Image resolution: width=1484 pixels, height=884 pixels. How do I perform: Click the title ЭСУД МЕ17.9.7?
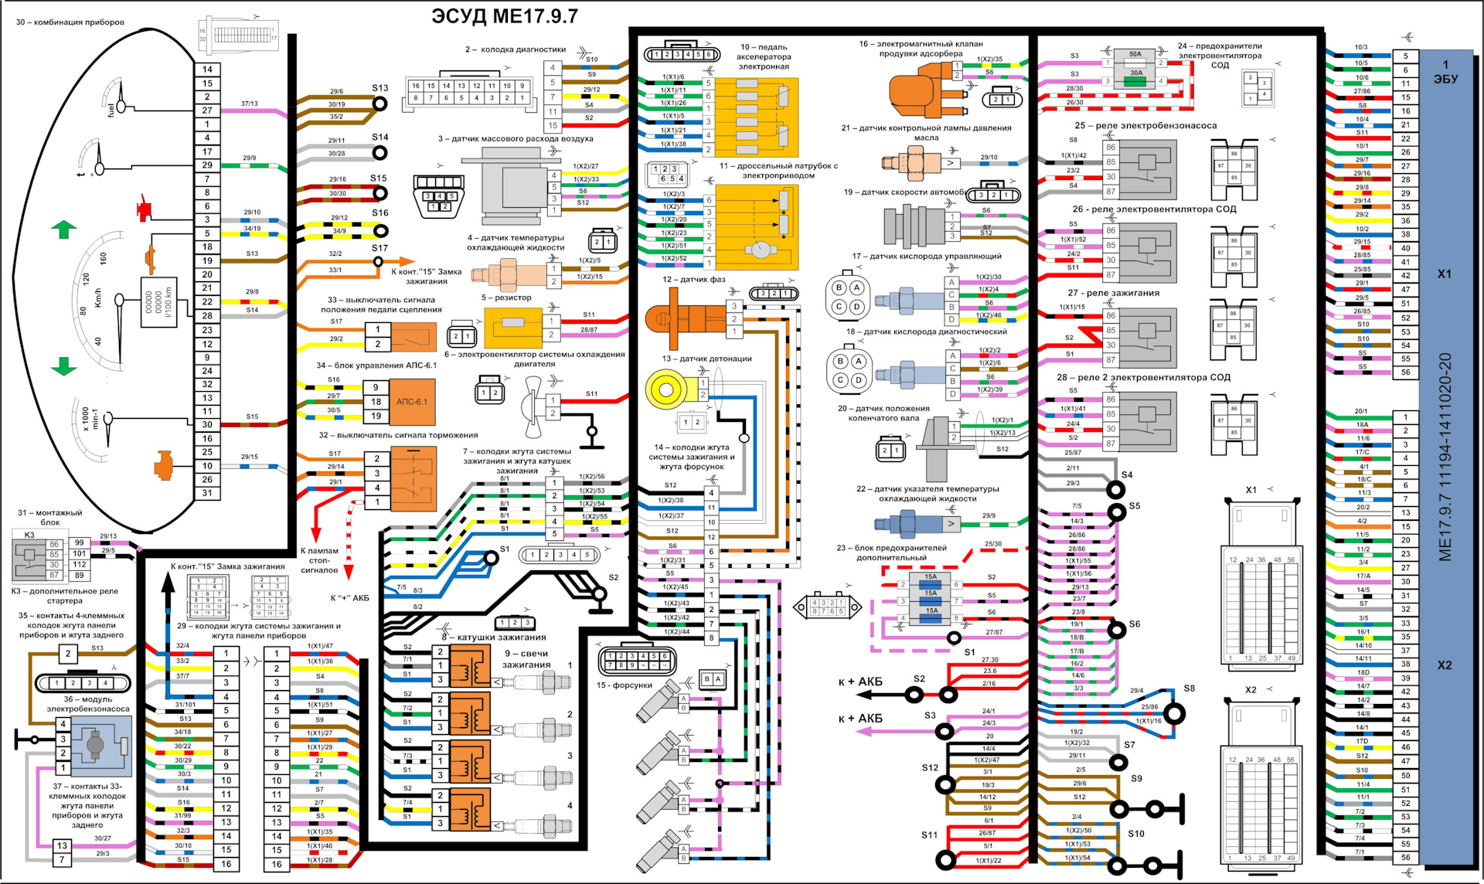504,16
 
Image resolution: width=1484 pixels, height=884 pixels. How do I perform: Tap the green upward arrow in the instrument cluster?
63,229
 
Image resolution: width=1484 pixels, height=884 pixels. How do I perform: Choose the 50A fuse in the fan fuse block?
1135,55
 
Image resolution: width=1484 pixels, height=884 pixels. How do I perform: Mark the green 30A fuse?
1135,77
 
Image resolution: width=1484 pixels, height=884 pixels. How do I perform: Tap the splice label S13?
380,88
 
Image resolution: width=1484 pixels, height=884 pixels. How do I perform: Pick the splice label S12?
929,767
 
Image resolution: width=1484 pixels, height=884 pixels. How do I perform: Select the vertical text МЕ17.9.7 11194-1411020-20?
1445,456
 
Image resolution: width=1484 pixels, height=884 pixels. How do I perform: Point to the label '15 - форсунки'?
624,685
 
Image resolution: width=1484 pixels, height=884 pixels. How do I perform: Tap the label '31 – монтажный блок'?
49,517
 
